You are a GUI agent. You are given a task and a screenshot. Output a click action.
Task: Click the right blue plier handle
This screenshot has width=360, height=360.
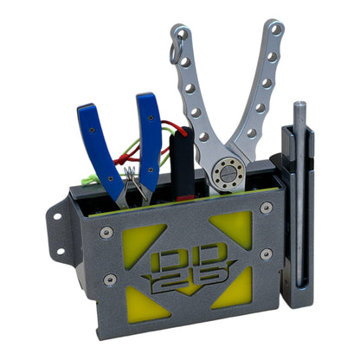(148, 130)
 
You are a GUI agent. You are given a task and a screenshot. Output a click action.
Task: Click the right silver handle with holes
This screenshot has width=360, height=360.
(262, 87)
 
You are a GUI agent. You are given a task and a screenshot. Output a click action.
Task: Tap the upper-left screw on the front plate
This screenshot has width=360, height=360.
(106, 232)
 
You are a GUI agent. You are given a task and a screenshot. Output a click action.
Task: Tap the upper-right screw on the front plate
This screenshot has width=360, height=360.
(266, 208)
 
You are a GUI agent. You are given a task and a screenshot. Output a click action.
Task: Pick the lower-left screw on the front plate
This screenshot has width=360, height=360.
(110, 280)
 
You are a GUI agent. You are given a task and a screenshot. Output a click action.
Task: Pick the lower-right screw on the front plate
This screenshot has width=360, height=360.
(267, 254)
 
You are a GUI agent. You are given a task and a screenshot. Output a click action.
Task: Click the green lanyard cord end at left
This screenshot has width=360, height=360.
(87, 179)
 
